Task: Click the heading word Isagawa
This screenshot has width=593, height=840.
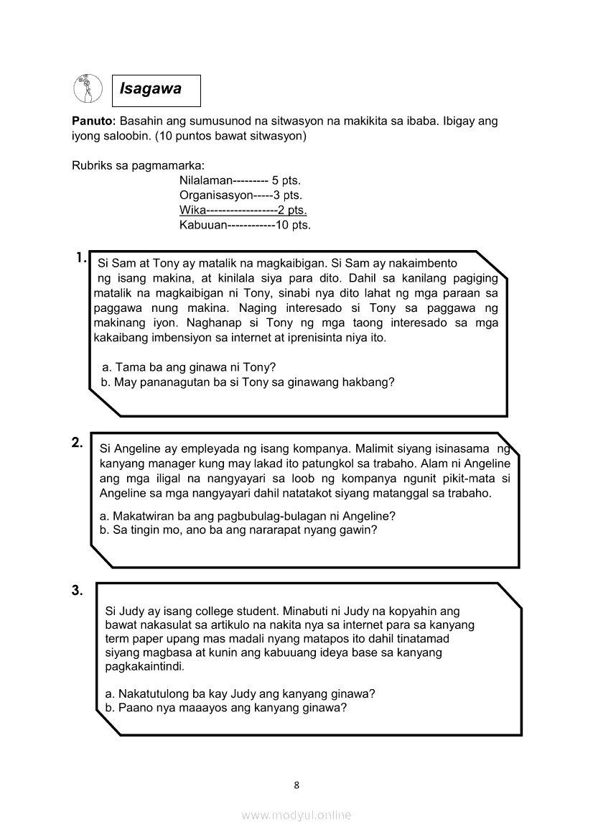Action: [151, 90]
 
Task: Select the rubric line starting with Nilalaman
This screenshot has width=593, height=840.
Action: [240, 180]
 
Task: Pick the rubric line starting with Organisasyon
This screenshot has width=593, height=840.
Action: [241, 195]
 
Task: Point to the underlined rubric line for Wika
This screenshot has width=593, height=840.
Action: [243, 210]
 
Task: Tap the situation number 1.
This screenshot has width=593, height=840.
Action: [80, 257]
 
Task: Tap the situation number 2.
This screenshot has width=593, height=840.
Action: [78, 443]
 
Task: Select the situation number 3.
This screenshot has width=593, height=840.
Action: [78, 591]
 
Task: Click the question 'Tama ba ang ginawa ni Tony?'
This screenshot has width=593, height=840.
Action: [190, 367]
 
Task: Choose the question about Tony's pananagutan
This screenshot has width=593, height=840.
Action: [248, 382]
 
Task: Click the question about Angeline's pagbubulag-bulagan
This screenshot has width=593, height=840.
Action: [248, 516]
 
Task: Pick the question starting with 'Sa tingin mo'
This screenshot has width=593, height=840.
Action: [238, 530]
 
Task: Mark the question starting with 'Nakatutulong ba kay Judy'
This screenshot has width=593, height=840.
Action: [241, 693]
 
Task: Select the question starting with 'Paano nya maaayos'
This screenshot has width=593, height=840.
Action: [226, 708]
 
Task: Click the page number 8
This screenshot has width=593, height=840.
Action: [296, 785]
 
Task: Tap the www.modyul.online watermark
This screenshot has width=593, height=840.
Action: [296, 816]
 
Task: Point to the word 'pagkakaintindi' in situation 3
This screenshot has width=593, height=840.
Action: [144, 667]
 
